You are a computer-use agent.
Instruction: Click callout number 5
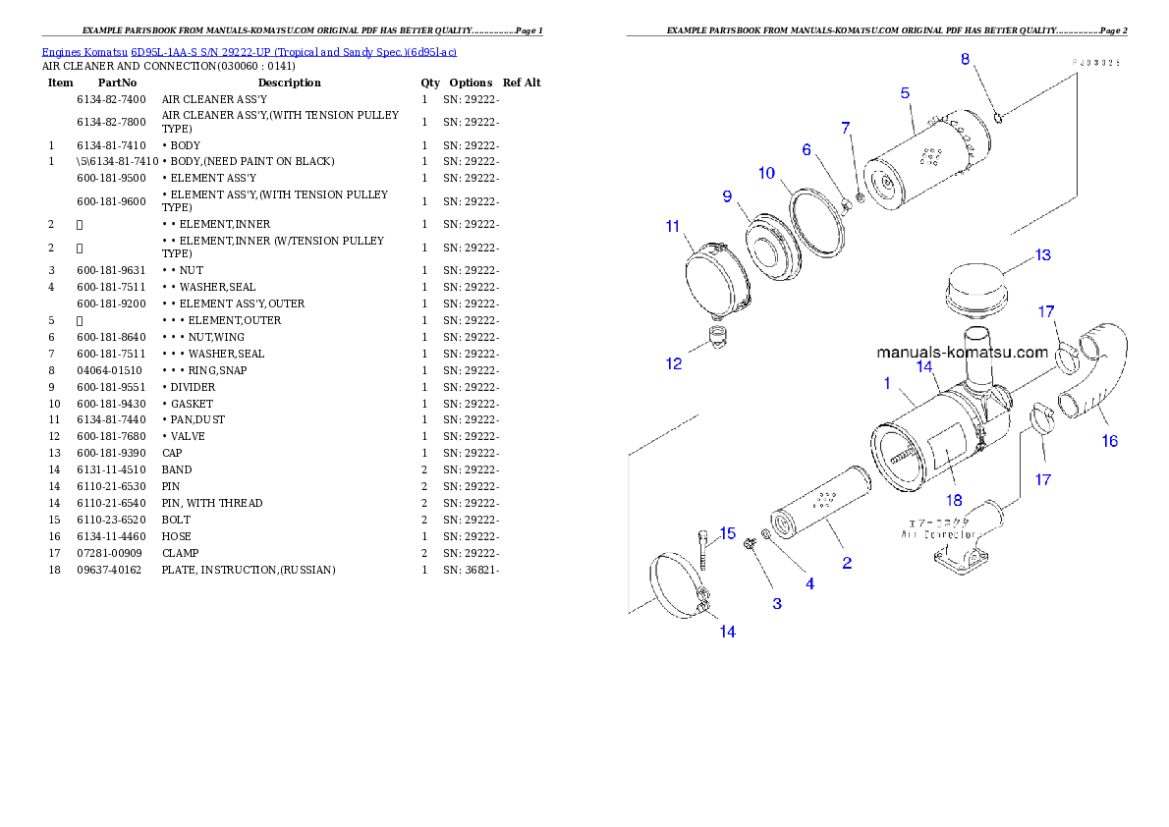coord(905,93)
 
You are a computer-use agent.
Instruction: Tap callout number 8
coord(966,59)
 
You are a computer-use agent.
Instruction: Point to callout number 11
coord(672,226)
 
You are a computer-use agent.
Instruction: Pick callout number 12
coord(674,363)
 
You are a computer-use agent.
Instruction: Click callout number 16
coord(1109,441)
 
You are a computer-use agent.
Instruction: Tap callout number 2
coord(846,563)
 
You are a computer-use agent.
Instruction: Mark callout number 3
coord(777,603)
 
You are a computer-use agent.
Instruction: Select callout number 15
coord(727,533)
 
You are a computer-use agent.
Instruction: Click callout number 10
coord(766,173)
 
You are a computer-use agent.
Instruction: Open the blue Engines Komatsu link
coord(249,51)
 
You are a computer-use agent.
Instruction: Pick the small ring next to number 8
coord(997,119)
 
